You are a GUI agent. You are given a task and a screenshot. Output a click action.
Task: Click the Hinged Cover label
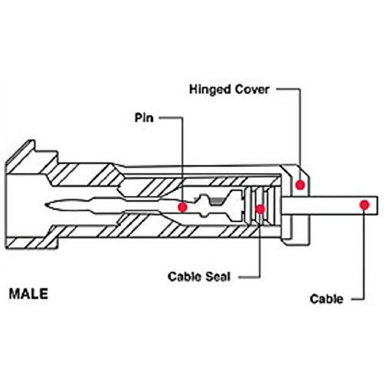click(229, 89)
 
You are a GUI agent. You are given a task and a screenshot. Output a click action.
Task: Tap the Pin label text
click(145, 118)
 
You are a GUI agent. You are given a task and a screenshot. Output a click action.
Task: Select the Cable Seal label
click(199, 276)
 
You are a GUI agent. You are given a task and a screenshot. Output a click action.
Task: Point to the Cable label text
click(326, 299)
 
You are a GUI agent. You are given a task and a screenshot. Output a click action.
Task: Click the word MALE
click(29, 294)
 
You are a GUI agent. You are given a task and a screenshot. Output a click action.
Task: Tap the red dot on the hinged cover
click(300, 185)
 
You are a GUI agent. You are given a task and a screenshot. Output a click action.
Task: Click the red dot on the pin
click(183, 206)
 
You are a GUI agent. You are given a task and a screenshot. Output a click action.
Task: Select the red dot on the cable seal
click(260, 209)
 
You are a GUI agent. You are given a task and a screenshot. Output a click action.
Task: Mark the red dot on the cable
click(364, 204)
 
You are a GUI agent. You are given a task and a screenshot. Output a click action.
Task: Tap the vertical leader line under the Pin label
click(182, 160)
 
